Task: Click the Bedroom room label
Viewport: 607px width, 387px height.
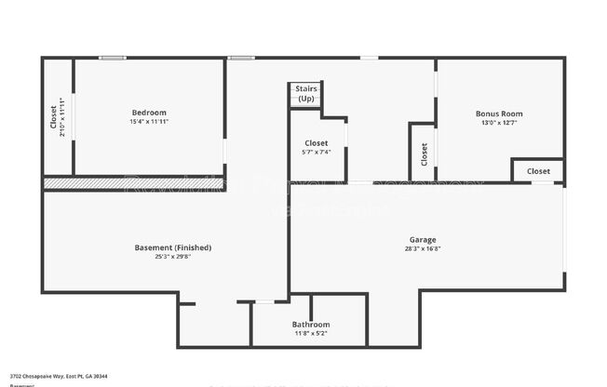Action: coord(149,113)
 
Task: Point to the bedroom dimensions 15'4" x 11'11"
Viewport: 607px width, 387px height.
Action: coord(149,122)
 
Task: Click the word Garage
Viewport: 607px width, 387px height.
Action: coord(423,239)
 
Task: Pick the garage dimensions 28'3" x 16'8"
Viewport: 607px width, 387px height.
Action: coord(423,248)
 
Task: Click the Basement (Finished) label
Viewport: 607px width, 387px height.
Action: coord(173,247)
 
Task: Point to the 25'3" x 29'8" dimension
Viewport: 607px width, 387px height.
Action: coord(173,257)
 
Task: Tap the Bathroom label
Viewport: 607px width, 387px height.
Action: coord(311,325)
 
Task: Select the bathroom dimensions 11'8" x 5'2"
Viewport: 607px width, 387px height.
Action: coord(311,333)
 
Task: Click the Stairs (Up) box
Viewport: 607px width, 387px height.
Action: coord(305,93)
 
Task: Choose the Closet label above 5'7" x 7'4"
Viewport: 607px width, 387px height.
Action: coord(317,143)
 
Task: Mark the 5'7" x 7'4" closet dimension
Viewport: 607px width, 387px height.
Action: coord(317,153)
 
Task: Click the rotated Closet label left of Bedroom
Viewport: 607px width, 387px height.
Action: coord(53,116)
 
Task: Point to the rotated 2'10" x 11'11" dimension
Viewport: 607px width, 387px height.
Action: coord(62,116)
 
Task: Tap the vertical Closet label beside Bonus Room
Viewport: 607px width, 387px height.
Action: coord(425,153)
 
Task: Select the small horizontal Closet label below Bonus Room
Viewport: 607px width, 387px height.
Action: coord(538,171)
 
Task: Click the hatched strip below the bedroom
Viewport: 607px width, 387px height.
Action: coord(59,184)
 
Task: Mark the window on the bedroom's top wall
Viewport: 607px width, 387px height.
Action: coord(113,59)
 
